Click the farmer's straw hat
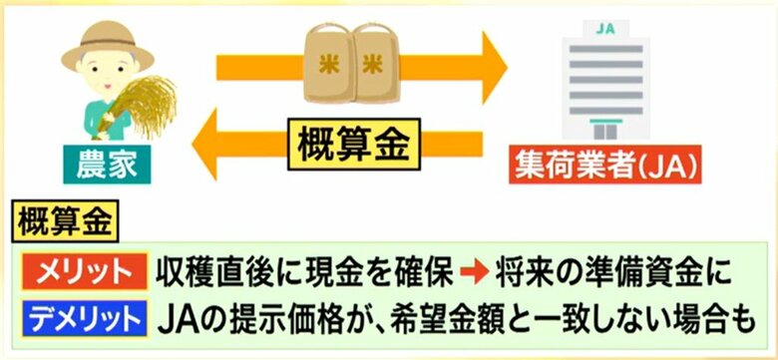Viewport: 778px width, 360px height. click(x=108, y=46)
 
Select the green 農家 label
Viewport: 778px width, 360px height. click(x=107, y=165)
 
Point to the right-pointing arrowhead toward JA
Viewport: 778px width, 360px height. click(x=495, y=68)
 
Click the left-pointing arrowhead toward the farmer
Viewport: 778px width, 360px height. click(x=204, y=144)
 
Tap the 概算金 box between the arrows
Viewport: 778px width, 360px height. click(x=354, y=144)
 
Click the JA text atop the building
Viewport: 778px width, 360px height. click(x=605, y=29)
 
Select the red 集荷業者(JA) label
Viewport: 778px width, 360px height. click(x=605, y=165)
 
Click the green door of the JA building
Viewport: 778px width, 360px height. click(x=605, y=130)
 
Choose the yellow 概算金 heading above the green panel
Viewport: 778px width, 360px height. click(x=65, y=220)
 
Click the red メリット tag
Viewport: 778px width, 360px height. click(x=85, y=271)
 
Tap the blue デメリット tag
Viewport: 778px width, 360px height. click(x=85, y=317)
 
